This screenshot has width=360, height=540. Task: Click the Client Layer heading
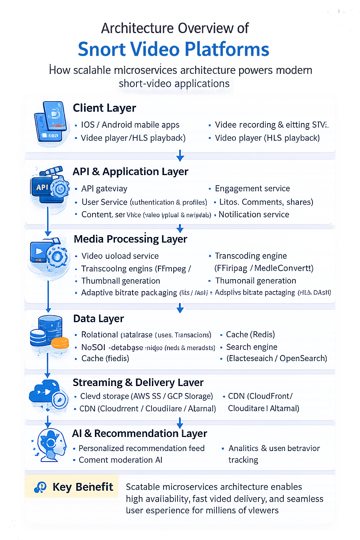pos(104,108)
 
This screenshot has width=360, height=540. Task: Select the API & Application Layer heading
pos(130,172)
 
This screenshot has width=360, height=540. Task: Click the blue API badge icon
pos(43,187)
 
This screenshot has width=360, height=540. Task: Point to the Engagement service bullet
pos(252,188)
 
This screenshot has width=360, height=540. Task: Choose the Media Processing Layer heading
pos(130,239)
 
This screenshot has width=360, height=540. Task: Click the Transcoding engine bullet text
pos(251,256)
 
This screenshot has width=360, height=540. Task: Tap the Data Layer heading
pos(98,319)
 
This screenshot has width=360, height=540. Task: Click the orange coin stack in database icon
pos(60,343)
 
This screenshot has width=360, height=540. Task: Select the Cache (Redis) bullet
pos(250,334)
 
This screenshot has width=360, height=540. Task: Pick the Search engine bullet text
pos(251,347)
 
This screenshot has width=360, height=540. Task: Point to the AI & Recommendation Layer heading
pos(139,433)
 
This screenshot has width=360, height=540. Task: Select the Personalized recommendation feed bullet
pos(141,448)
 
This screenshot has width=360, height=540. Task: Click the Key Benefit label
pos(83,487)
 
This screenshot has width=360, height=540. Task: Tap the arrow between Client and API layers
pos(180,155)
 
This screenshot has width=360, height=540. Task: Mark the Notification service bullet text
pos(253,214)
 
